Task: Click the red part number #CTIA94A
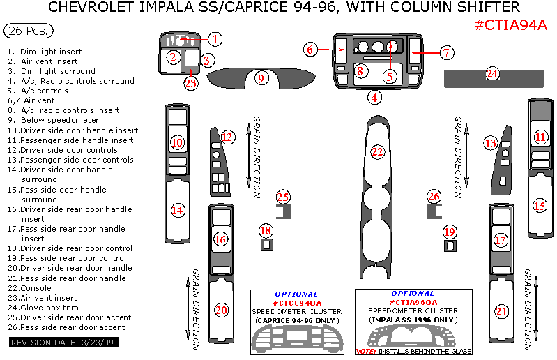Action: point(510,26)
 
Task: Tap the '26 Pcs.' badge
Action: point(28,31)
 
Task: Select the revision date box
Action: point(63,343)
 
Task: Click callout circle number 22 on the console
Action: point(378,151)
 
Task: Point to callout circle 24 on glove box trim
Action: point(493,73)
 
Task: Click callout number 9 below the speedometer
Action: point(261,78)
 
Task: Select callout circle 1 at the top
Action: point(216,39)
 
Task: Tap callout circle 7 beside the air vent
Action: point(447,52)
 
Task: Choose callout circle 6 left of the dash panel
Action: point(311,49)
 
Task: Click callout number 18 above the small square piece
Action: point(266,230)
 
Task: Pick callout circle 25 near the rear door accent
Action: point(282,197)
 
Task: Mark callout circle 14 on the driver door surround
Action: point(178,209)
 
